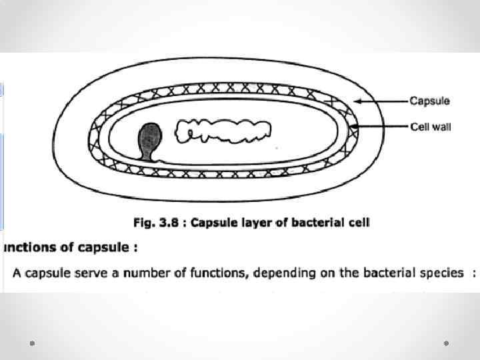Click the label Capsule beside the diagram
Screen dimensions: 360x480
(x=429, y=101)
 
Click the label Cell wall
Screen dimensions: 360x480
(x=429, y=126)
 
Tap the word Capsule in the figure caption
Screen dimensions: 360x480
(x=213, y=223)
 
